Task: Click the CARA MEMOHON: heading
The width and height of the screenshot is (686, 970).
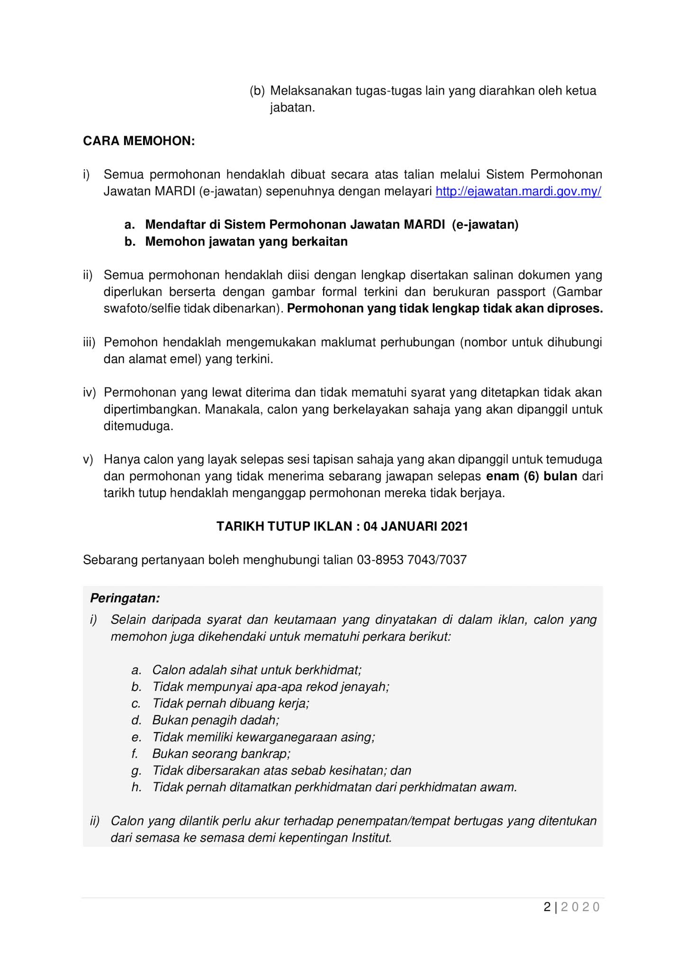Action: (x=139, y=141)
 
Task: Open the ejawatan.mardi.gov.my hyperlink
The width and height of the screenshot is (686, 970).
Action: (x=518, y=191)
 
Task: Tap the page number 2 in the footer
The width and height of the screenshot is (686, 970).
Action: (x=547, y=907)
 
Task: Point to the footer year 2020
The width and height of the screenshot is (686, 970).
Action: (x=580, y=907)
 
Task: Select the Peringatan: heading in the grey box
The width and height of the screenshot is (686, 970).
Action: (x=125, y=598)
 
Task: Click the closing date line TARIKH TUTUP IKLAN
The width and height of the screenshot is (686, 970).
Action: (x=342, y=526)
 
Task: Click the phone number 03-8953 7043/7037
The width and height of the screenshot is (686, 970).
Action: (x=412, y=560)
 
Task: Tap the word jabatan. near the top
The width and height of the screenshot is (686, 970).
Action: (x=292, y=108)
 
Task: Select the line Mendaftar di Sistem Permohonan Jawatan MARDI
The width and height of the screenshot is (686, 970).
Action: (x=332, y=225)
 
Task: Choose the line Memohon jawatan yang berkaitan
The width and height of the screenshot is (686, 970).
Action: (x=246, y=242)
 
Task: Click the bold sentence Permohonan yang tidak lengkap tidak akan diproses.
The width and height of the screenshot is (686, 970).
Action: (x=445, y=309)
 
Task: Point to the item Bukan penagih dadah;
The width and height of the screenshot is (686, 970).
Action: (x=216, y=720)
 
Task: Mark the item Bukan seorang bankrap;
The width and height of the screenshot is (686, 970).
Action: (x=221, y=754)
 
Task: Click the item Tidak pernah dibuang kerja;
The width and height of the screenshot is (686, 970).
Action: (x=231, y=703)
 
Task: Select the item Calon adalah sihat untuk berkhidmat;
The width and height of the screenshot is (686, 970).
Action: (x=257, y=670)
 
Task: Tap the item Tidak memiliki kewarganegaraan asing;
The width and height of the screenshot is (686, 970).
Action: (x=263, y=737)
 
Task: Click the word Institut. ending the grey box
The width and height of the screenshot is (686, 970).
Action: (x=371, y=838)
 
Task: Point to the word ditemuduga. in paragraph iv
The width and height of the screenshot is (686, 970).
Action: (x=138, y=426)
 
